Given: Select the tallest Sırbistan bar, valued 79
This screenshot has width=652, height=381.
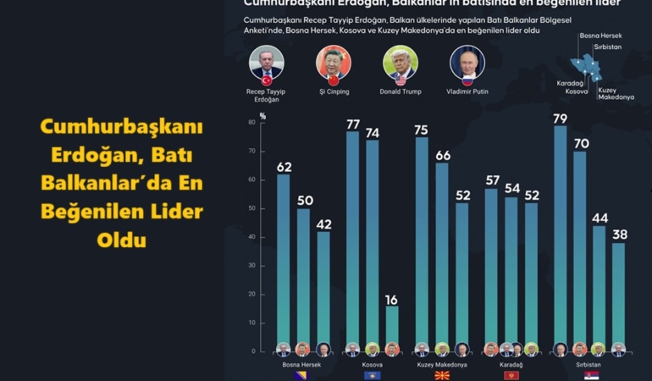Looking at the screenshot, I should pyautogui.click(x=560, y=237).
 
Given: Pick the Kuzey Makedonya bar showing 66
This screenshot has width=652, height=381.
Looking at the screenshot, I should pyautogui.click(x=442, y=254).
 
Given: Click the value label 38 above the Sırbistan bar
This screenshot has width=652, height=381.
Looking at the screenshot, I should pyautogui.click(x=620, y=235).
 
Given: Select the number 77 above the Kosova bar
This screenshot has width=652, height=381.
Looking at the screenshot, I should pyautogui.click(x=353, y=124).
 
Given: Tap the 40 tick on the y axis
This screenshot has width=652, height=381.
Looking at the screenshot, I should pyautogui.click(x=251, y=237).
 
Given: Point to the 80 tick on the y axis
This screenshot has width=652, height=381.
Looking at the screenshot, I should pyautogui.click(x=251, y=123).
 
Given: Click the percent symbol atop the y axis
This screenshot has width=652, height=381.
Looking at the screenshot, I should pyautogui.click(x=262, y=115).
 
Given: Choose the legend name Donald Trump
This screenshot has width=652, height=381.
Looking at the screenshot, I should pyautogui.click(x=401, y=91).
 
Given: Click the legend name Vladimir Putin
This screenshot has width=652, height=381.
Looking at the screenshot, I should pyautogui.click(x=468, y=91).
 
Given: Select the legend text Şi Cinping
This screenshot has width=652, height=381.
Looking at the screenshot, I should pyautogui.click(x=333, y=91).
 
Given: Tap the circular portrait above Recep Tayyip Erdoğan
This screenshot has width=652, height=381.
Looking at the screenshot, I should pyautogui.click(x=267, y=63).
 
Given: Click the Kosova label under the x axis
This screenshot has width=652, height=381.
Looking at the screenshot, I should pyautogui.click(x=372, y=365).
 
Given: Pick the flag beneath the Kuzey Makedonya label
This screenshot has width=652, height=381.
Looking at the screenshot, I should pyautogui.click(x=441, y=375).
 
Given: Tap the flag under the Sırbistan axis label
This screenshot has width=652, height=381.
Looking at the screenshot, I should pyautogui.click(x=590, y=375).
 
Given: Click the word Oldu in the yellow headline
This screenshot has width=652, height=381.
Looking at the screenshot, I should pyautogui.click(x=121, y=240).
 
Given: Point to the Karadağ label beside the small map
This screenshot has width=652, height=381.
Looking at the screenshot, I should pyautogui.click(x=570, y=84).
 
